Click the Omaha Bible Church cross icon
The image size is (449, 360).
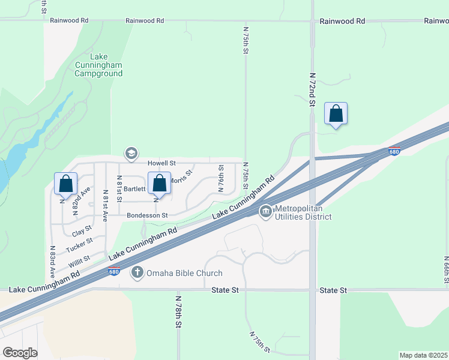tap(137, 273)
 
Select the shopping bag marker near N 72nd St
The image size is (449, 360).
tap(336, 113)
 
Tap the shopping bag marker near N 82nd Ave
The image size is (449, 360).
tap(66, 184)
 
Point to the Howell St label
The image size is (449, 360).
tap(162, 163)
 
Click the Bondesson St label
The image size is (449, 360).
tap(147, 215)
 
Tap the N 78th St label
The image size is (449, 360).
tap(178, 311)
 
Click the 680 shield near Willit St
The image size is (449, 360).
tap(115, 271)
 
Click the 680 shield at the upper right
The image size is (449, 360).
tap(394, 151)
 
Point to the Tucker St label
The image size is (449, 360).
tap(80, 244)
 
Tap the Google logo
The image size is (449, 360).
tap(20, 352)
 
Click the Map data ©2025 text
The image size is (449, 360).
tap(423, 355)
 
